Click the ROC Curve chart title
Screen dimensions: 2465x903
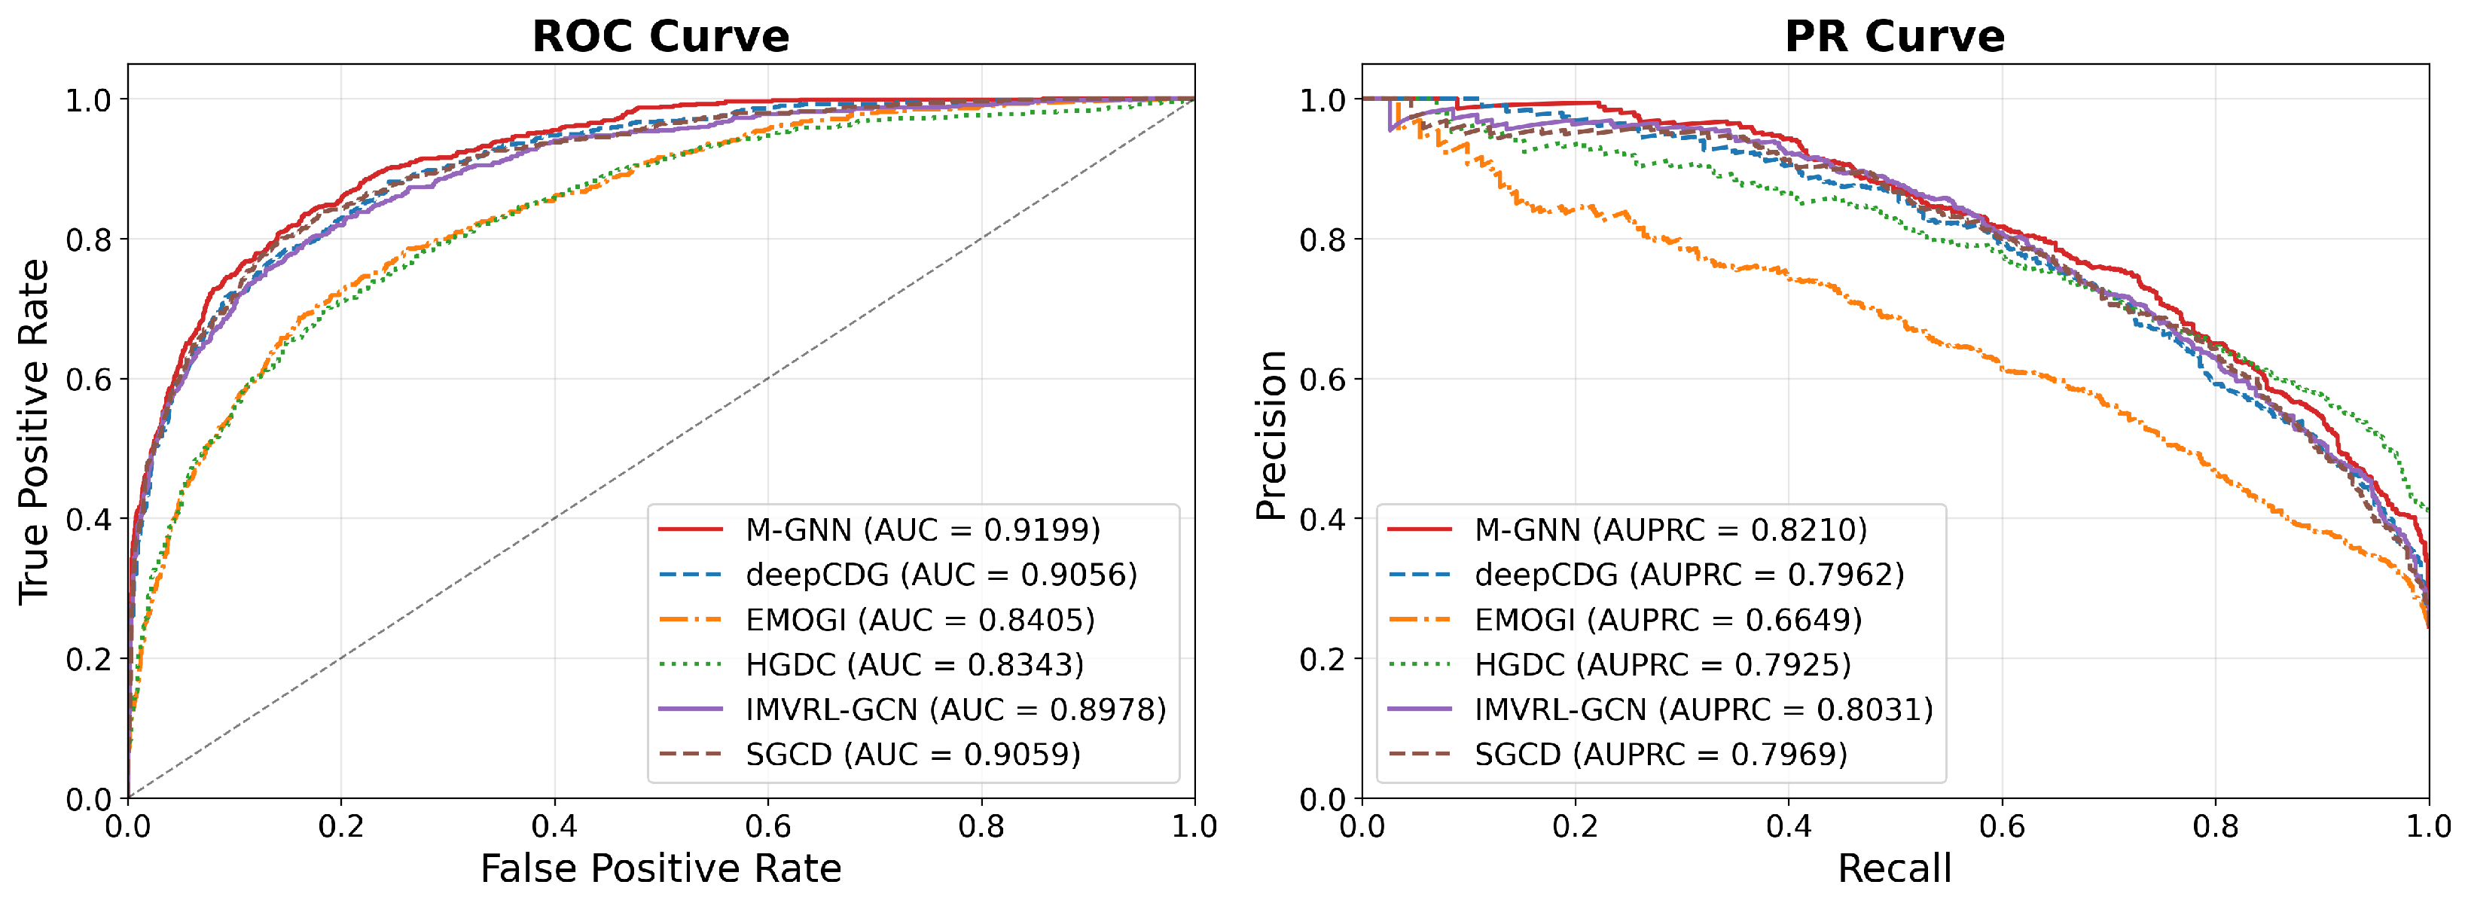660,36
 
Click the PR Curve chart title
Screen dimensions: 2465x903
1895,36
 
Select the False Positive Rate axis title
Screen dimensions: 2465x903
660,868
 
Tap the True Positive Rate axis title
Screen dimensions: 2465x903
35,432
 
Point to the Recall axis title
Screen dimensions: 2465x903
1895,868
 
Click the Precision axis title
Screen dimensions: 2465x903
1270,435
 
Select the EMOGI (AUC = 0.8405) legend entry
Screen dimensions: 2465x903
877,620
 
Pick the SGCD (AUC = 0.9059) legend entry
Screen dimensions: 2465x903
870,754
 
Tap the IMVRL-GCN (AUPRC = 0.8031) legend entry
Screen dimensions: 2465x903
1660,709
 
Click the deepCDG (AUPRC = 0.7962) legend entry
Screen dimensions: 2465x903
1646,574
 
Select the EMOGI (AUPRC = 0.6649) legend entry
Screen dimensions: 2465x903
1625,620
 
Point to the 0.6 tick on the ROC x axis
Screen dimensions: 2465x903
767,825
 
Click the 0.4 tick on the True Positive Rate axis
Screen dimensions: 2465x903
88,520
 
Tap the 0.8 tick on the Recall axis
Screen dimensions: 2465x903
2215,825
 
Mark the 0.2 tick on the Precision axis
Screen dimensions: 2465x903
1322,659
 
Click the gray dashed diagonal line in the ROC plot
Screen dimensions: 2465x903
661,449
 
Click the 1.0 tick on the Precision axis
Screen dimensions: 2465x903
1322,99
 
